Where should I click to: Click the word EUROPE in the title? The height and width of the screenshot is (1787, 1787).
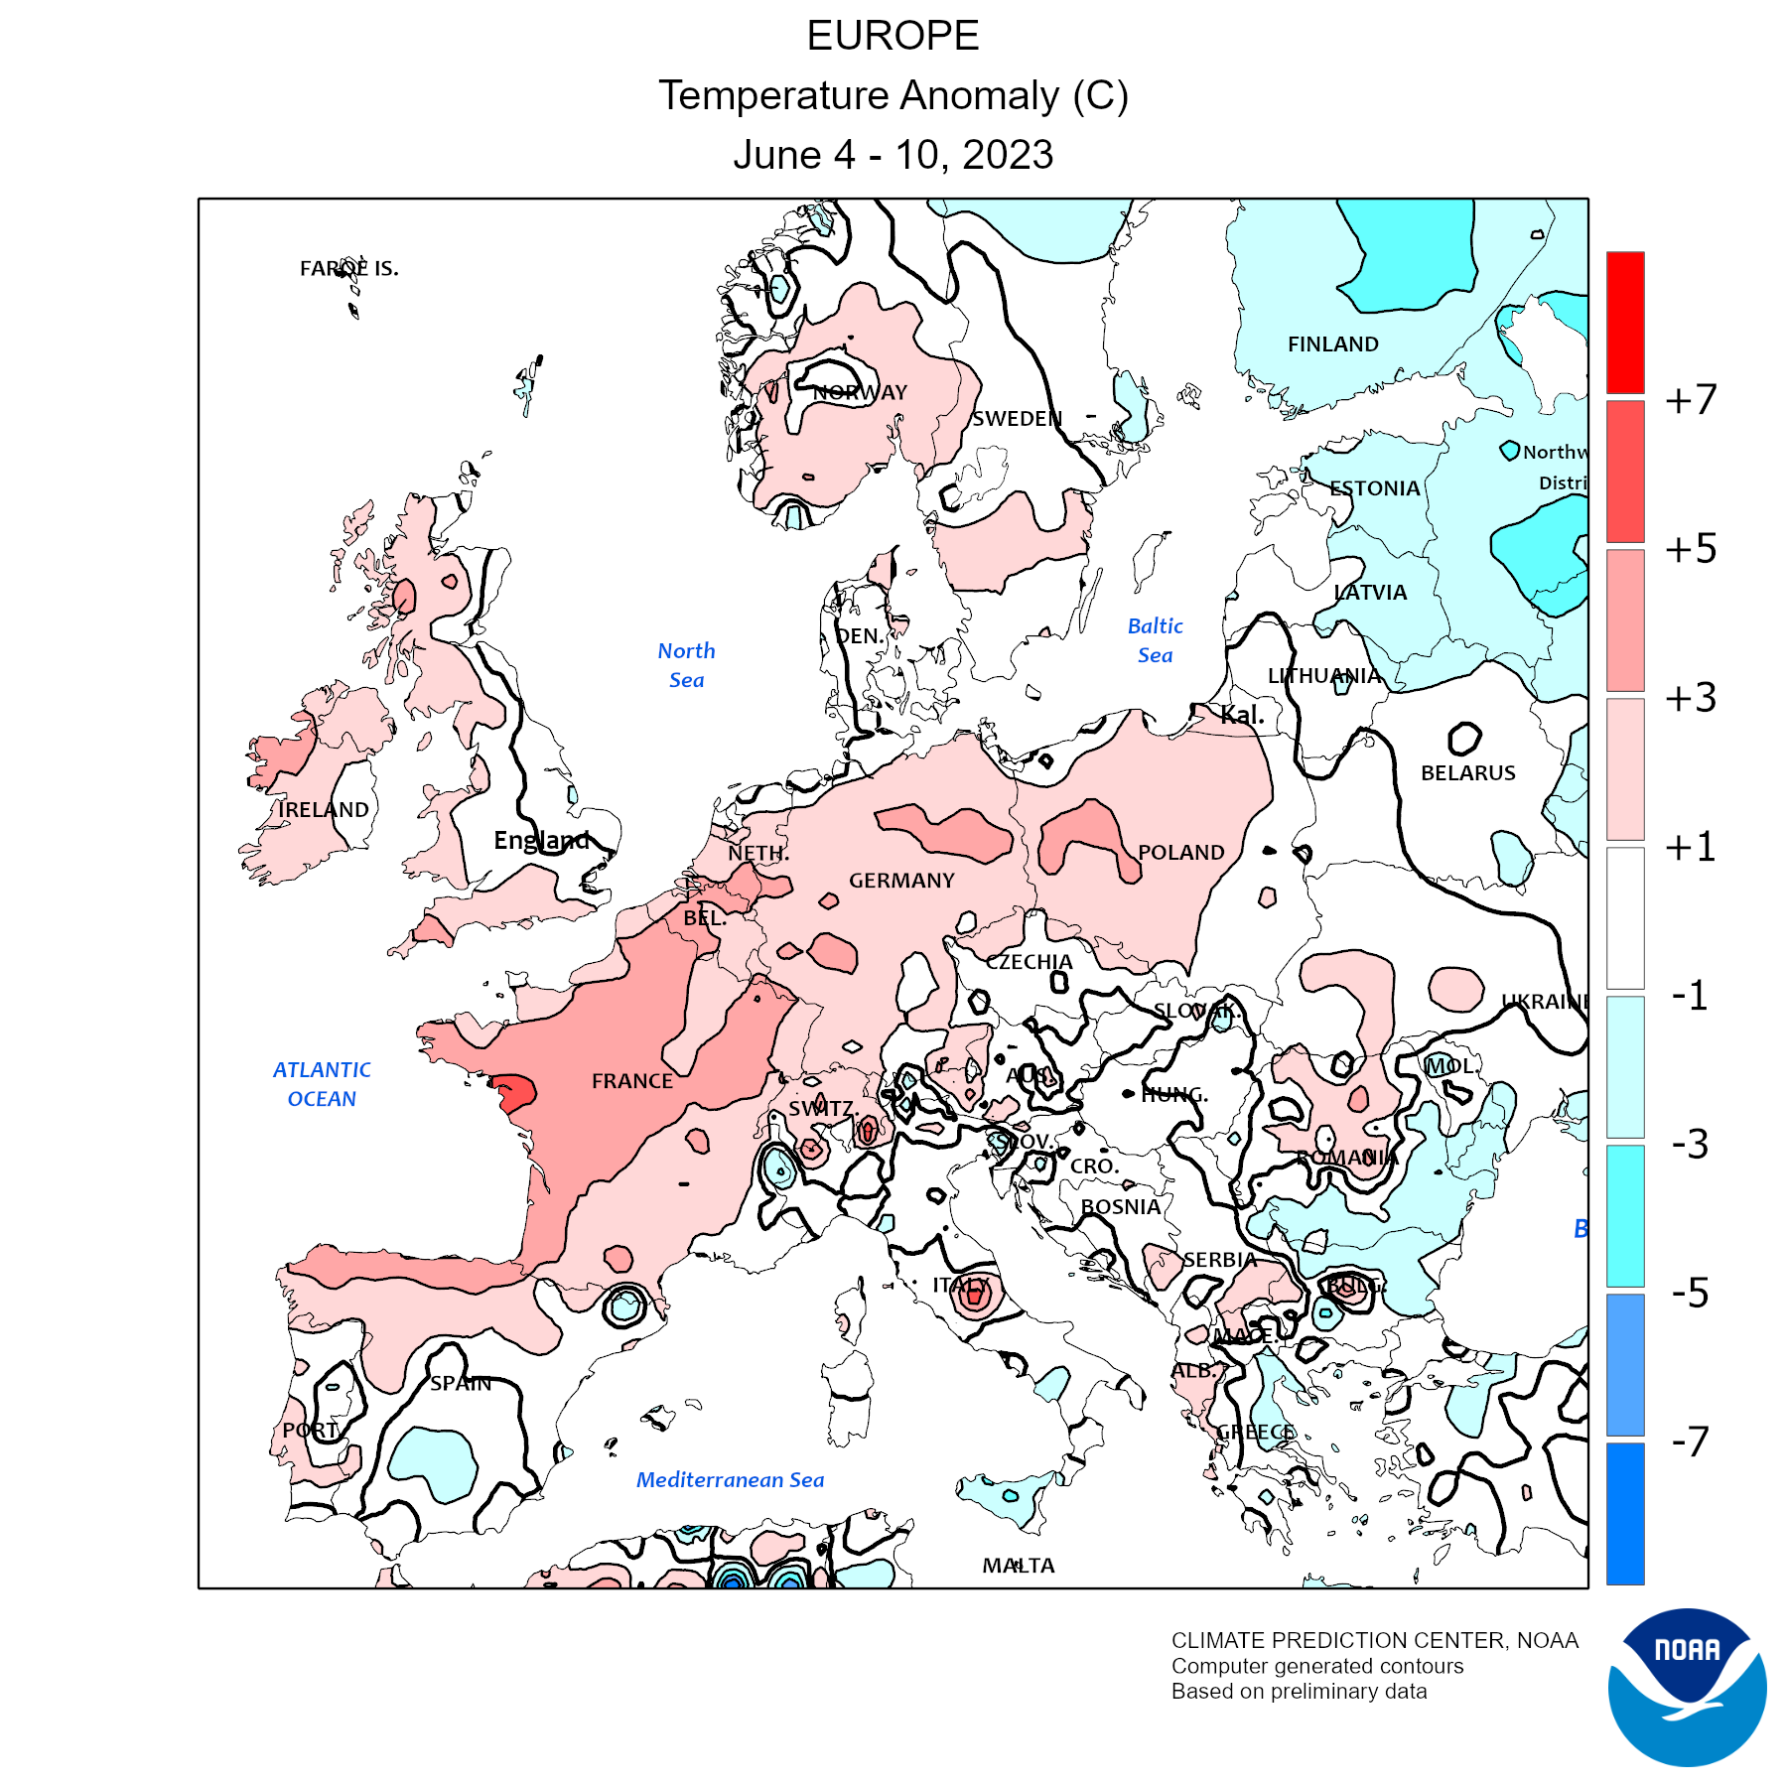tap(893, 37)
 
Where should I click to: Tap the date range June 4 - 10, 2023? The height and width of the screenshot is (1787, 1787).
tap(893, 155)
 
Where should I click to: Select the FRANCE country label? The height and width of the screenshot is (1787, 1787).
tap(632, 1081)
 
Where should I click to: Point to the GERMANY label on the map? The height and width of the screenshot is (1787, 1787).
tap(901, 881)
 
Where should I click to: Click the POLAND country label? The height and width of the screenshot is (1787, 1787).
tap(1180, 853)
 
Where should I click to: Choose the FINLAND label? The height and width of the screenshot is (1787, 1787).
tap(1332, 344)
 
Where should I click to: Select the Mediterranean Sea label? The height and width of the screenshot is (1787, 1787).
tap(730, 1480)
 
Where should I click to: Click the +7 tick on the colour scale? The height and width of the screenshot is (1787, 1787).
tap(1691, 400)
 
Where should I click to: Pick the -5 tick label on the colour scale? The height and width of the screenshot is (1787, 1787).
tap(1690, 1294)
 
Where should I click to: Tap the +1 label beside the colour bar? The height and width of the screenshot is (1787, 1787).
tap(1691, 847)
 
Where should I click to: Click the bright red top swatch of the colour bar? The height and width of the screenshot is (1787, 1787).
tap(1625, 323)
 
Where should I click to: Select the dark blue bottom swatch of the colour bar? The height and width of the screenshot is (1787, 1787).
tap(1625, 1513)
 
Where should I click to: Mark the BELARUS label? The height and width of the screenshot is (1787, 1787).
tap(1467, 773)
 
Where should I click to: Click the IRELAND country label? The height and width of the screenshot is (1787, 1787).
tap(324, 810)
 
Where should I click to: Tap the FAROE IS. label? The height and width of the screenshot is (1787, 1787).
tap(348, 269)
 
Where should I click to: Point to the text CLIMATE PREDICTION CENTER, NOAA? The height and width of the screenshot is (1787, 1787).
tap(1374, 1641)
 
